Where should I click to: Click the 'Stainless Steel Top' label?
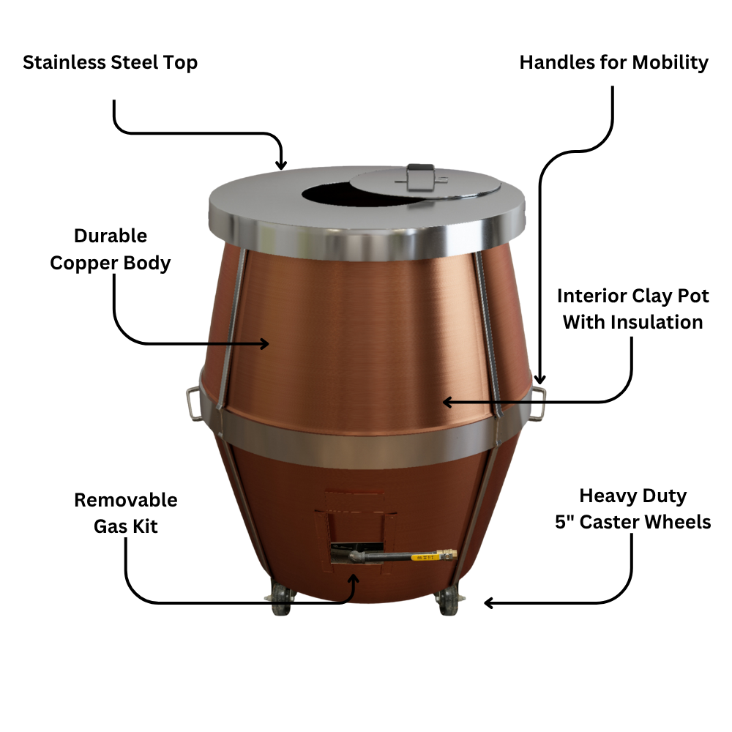[110, 62]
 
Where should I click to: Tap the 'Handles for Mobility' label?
[613, 62]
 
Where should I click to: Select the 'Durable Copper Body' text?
[110, 249]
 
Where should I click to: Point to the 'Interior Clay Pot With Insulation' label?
[632, 309]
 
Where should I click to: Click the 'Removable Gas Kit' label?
[126, 512]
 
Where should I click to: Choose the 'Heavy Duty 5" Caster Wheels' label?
[632, 509]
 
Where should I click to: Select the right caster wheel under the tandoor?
[446, 602]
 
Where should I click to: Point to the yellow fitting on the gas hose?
[425, 558]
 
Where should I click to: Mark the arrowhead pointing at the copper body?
[264, 343]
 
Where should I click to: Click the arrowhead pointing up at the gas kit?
[355, 580]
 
